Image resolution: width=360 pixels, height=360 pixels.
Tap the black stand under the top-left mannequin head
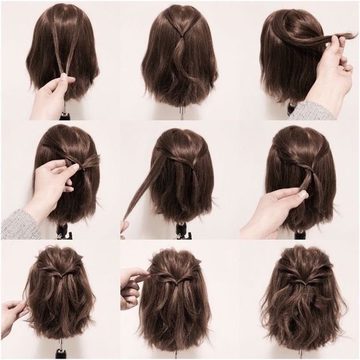64,116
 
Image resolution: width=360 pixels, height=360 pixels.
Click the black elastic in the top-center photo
180,38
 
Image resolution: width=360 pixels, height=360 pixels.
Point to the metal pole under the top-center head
181,113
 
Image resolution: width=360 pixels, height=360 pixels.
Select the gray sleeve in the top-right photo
312,110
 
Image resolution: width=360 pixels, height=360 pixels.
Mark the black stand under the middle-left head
63,230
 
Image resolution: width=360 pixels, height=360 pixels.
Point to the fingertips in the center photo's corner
124,227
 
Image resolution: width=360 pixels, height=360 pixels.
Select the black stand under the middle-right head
299,234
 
